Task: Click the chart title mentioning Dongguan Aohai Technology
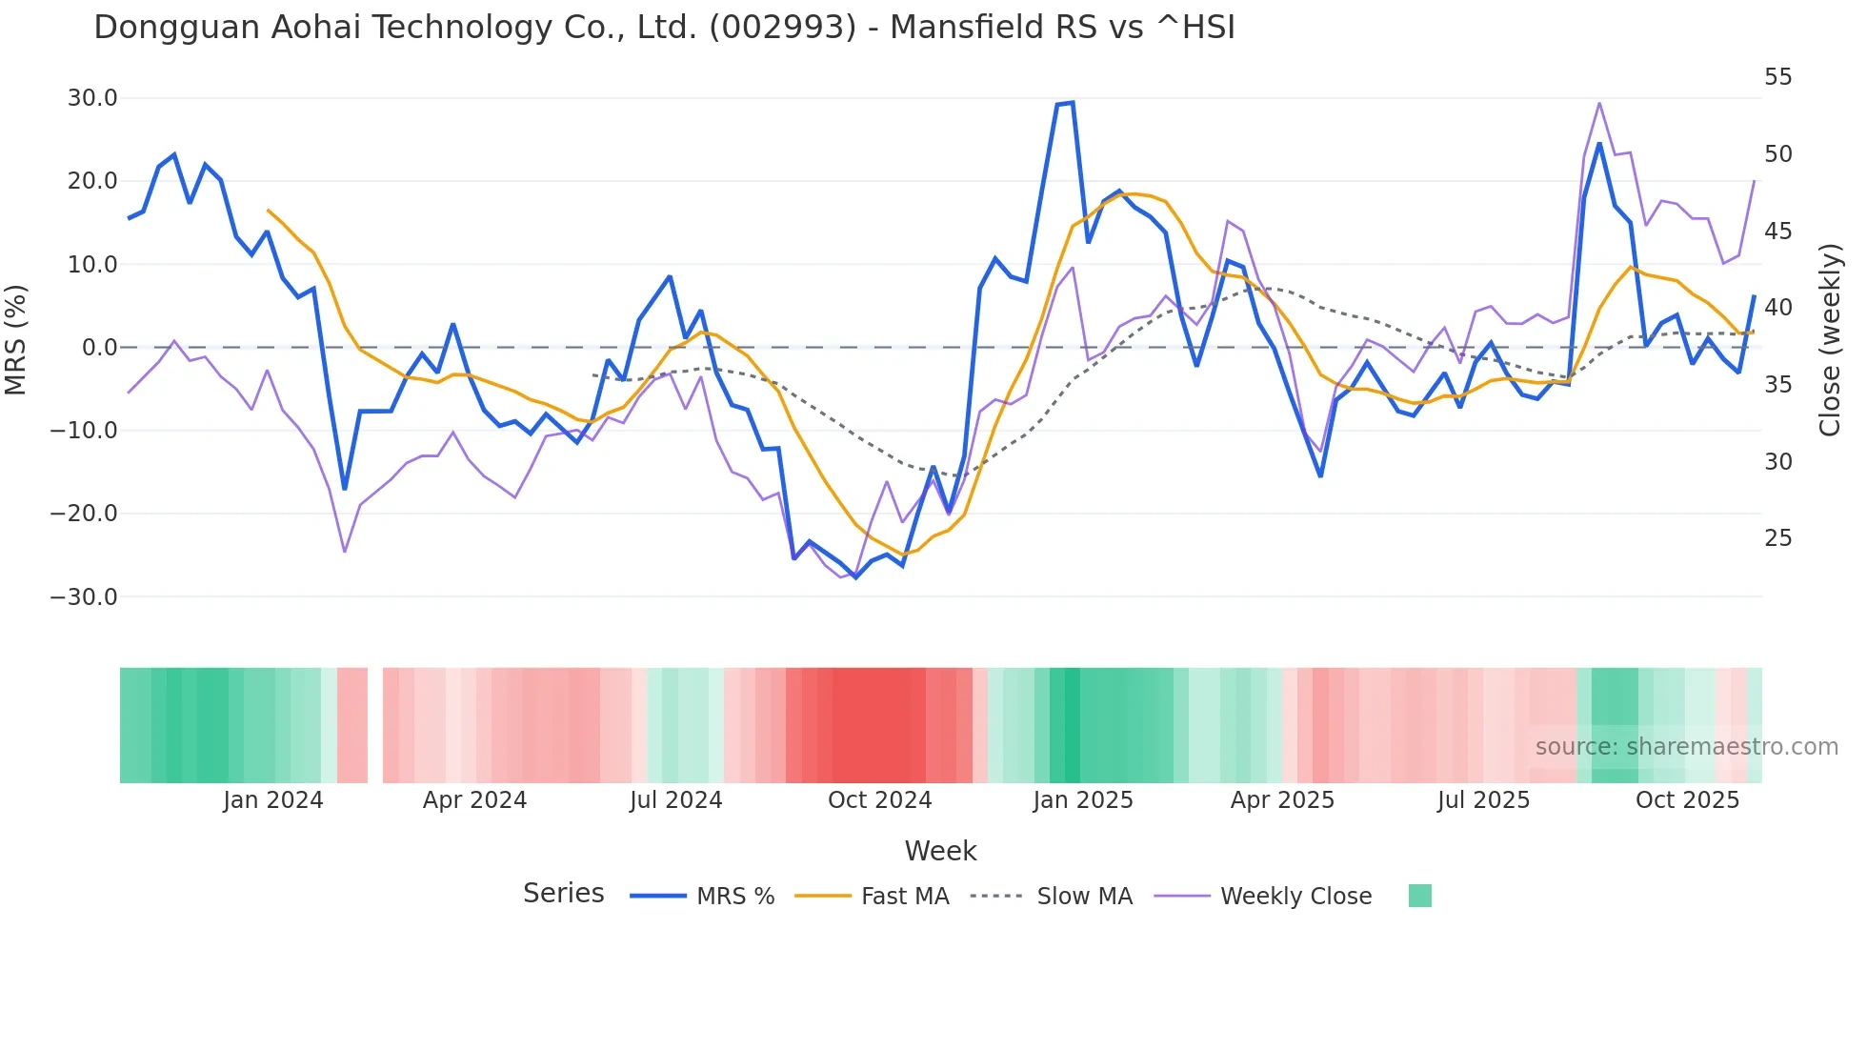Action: click(x=664, y=28)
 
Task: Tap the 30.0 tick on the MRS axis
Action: click(x=92, y=98)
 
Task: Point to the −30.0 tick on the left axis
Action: click(x=84, y=597)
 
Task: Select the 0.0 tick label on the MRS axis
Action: click(x=99, y=348)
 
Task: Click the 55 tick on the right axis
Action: click(x=1777, y=77)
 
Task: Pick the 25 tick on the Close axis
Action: click(x=1777, y=539)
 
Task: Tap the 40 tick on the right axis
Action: click(x=1777, y=308)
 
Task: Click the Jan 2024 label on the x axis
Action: click(x=273, y=800)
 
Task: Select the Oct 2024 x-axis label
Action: click(x=879, y=800)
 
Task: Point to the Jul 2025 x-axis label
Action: click(x=1483, y=800)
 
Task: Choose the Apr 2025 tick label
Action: click(x=1282, y=800)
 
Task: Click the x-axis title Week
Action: click(x=940, y=851)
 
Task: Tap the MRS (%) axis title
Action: click(x=16, y=339)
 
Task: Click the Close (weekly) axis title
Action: click(x=1829, y=340)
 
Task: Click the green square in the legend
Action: click(x=1419, y=896)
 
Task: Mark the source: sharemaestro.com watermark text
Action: click(x=1686, y=747)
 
